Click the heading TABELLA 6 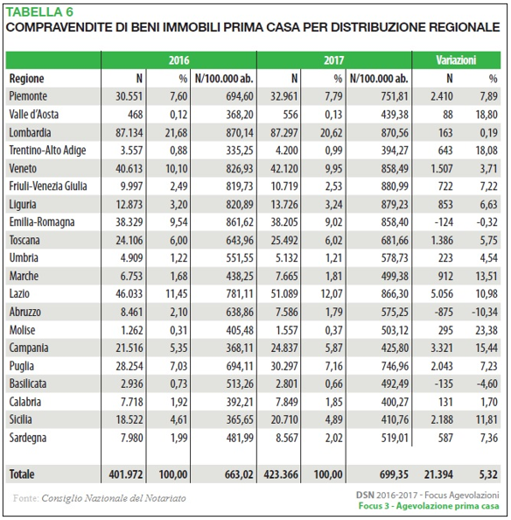[39, 12]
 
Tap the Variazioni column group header [456, 60]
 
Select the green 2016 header [179, 60]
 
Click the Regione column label [26, 79]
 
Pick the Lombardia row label [30, 133]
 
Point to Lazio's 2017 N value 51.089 [284, 294]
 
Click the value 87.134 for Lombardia [129, 133]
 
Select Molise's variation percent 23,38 [486, 330]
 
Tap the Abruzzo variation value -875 [444, 312]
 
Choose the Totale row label [22, 474]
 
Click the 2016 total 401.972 [126, 474]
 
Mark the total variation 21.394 [438, 474]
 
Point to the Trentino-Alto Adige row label [47, 151]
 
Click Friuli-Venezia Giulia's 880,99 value [395, 186]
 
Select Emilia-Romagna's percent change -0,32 [486, 221]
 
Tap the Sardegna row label [28, 438]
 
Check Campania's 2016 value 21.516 [129, 348]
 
